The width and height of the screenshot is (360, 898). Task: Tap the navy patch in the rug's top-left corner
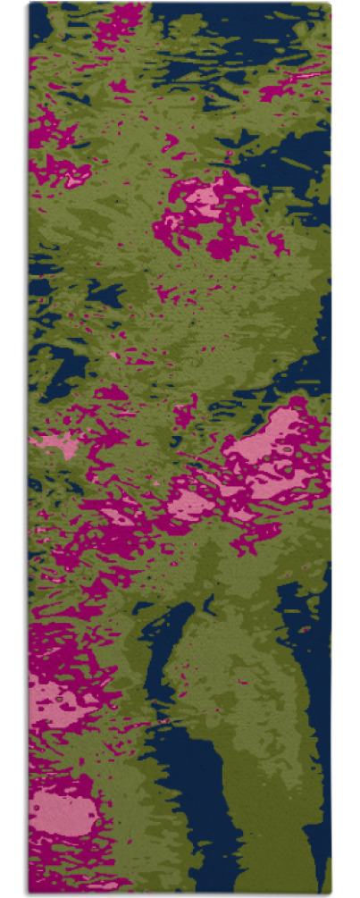point(39,27)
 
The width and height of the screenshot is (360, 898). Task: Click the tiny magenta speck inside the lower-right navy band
point(305,630)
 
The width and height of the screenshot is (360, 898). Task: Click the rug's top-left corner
point(30,4)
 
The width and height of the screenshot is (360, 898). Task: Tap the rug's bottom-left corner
point(30,890)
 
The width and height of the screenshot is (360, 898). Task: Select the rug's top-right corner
point(328,4)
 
